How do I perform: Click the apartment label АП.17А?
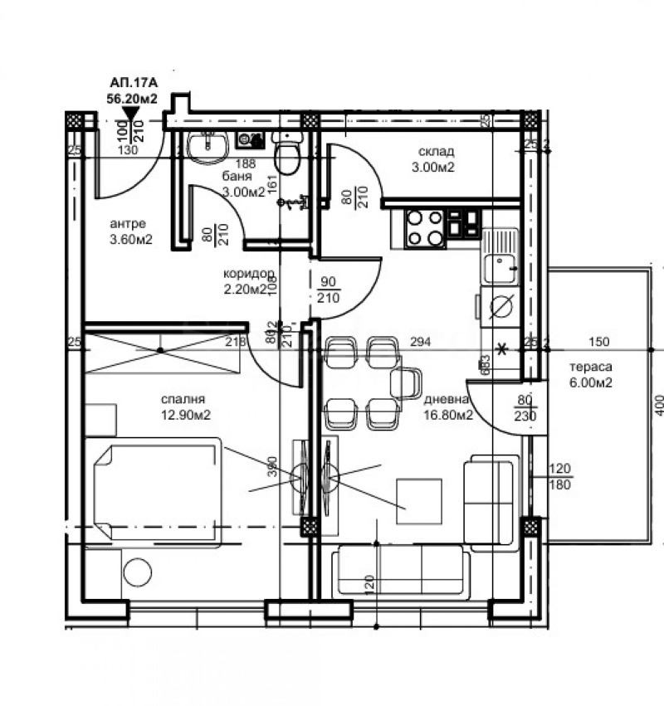(132, 83)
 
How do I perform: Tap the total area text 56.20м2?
(132, 97)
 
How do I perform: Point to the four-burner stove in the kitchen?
(423, 228)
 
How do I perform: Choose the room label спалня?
(184, 399)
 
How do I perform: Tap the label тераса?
(590, 368)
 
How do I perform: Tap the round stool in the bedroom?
(137, 573)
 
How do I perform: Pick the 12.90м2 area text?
(184, 415)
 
